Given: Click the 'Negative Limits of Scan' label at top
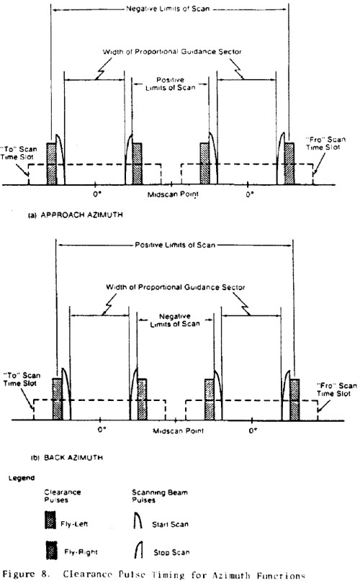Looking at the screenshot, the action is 168,9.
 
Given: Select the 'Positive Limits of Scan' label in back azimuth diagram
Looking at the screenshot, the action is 175,245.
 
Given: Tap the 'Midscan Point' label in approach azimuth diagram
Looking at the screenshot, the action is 173,194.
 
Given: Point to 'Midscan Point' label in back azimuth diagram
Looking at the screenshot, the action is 179,431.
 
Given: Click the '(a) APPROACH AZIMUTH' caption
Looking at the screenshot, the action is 76,215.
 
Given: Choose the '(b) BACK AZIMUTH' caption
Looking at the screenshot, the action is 67,457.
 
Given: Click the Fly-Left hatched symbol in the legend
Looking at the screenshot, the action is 50,520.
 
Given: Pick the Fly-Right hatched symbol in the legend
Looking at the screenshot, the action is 52,550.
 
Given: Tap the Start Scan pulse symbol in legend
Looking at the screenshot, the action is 138,520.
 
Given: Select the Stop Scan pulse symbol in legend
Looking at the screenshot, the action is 139,550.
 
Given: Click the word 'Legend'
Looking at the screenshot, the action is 22,478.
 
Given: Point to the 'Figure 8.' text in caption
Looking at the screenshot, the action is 26,574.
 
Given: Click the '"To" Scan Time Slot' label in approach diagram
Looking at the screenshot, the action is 19,153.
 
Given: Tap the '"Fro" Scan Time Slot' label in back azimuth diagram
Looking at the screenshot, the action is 336,389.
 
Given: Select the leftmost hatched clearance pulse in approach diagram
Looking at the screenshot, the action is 52,163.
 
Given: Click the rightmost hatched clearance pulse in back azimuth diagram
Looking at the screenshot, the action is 294,400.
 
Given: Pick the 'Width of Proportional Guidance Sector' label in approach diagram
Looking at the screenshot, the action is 172,52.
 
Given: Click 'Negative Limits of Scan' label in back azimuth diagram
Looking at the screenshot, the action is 175,320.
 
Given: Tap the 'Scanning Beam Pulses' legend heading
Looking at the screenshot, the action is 160,496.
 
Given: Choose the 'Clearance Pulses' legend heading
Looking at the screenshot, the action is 63,496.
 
